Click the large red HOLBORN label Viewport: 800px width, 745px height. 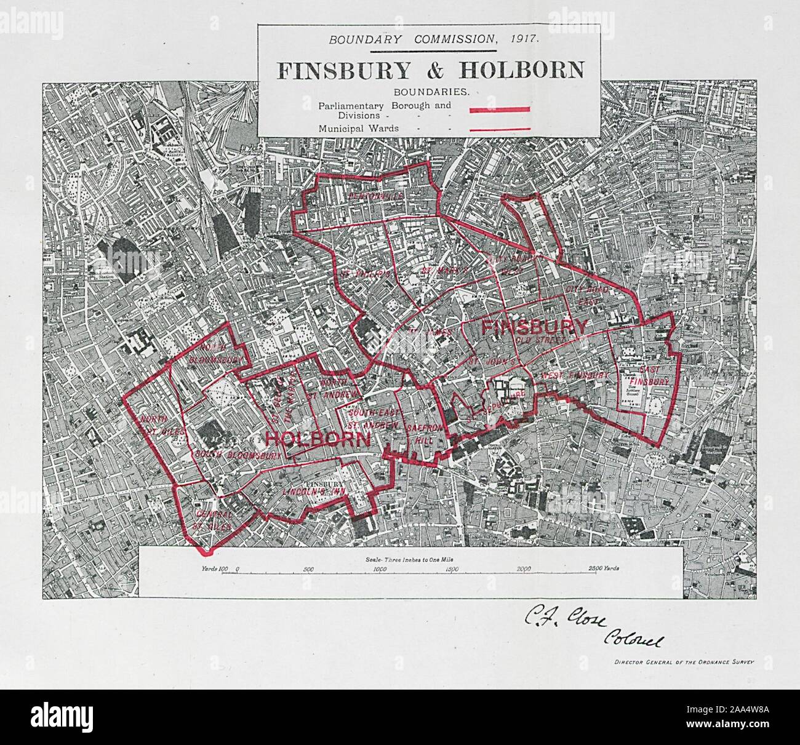pos(318,439)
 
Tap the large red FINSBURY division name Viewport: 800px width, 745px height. pos(534,327)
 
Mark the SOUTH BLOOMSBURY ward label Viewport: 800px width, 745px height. pos(238,455)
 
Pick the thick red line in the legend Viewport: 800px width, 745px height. pos(500,109)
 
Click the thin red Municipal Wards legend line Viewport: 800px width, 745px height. pos(500,129)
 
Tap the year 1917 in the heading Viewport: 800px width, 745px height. pos(525,39)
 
